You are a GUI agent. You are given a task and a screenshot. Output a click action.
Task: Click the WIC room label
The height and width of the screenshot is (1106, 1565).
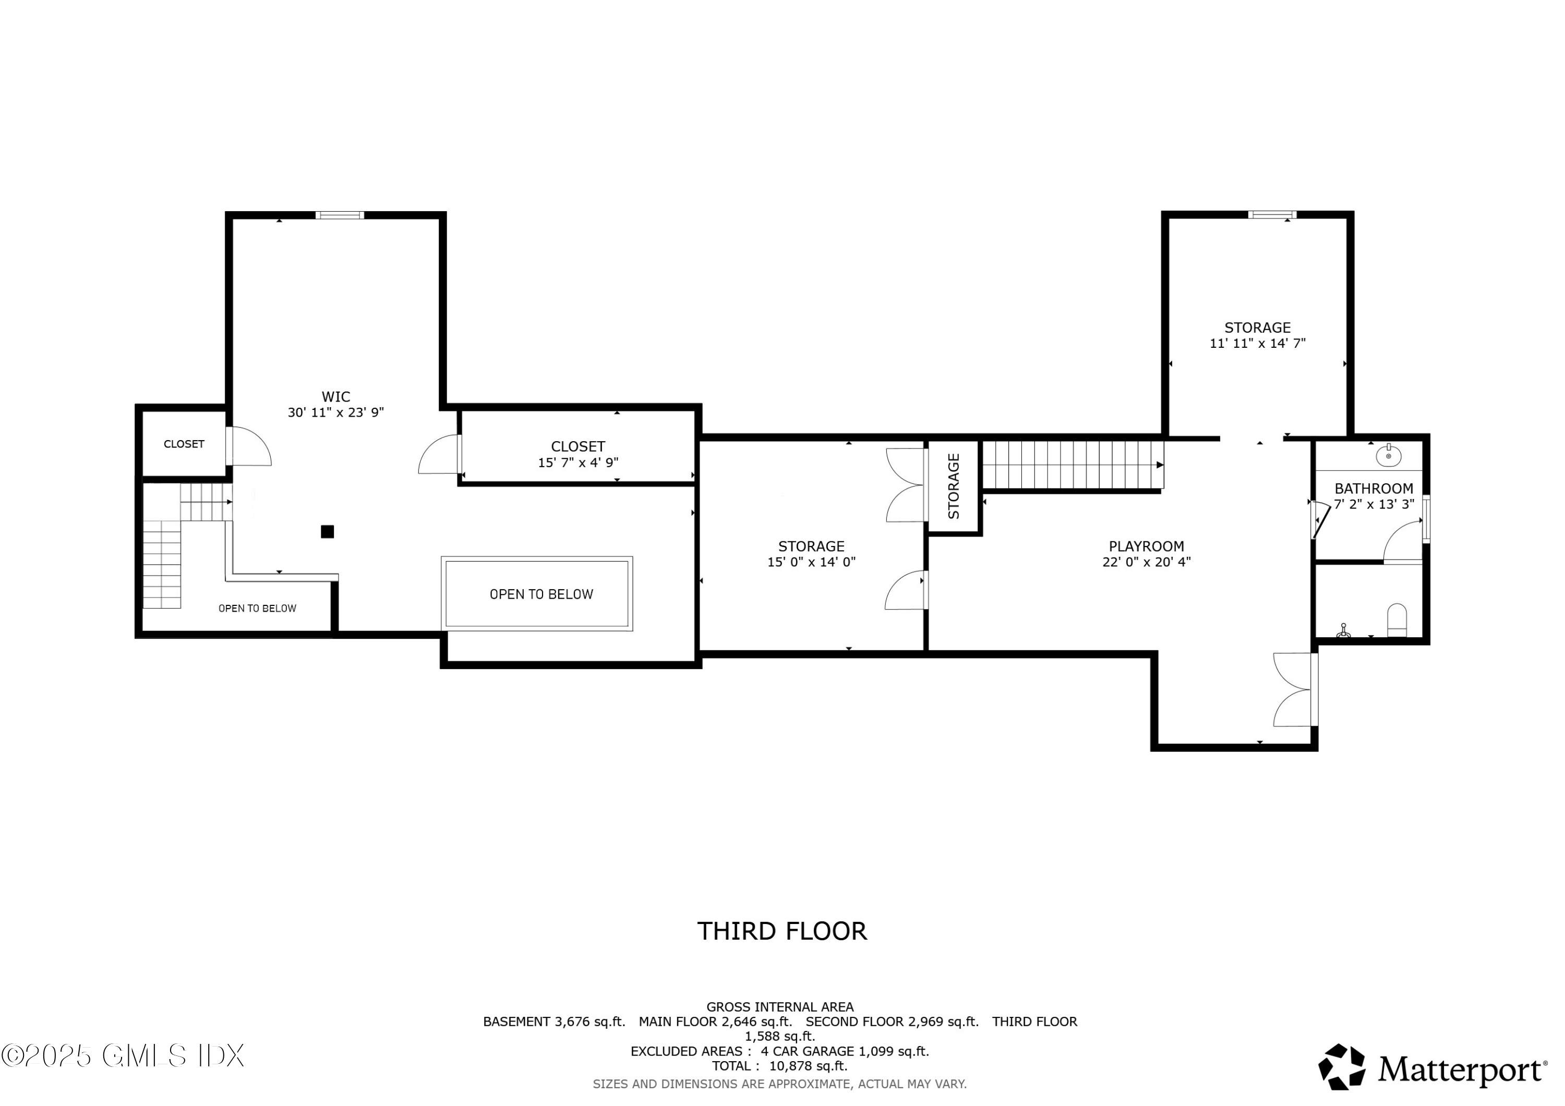[x=335, y=397]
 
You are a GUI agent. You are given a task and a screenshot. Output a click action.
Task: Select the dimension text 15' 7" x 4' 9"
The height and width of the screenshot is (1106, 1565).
[x=577, y=463]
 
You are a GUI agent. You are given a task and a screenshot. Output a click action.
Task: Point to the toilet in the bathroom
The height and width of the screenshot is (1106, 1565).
[x=1397, y=619]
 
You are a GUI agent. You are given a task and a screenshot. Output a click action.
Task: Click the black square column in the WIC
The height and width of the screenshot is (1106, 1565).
[x=327, y=531]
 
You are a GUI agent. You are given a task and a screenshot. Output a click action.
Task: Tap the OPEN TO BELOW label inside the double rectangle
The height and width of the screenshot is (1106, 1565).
[x=540, y=594]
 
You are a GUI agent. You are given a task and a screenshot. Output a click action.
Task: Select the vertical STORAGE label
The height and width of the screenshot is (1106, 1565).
[x=954, y=486]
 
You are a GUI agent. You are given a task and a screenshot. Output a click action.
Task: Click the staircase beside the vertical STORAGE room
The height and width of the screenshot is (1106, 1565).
[x=1072, y=465]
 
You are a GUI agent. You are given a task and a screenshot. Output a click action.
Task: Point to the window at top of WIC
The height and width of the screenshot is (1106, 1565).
[x=340, y=215]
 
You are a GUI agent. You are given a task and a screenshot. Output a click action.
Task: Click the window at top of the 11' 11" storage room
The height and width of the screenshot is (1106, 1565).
[x=1272, y=215]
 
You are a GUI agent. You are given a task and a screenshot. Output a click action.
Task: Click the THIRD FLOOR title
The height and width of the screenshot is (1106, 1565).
[x=782, y=931]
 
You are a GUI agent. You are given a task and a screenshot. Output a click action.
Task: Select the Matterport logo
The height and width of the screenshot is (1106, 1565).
[x=1432, y=1068]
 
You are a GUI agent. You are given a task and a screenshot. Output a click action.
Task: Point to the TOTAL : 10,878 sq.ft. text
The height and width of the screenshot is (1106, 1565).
[x=780, y=1066]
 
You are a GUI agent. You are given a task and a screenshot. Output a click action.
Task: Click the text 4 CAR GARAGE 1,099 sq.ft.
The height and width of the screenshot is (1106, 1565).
[x=845, y=1051]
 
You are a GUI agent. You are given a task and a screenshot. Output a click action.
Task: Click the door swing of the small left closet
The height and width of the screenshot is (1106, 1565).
[x=249, y=448]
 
